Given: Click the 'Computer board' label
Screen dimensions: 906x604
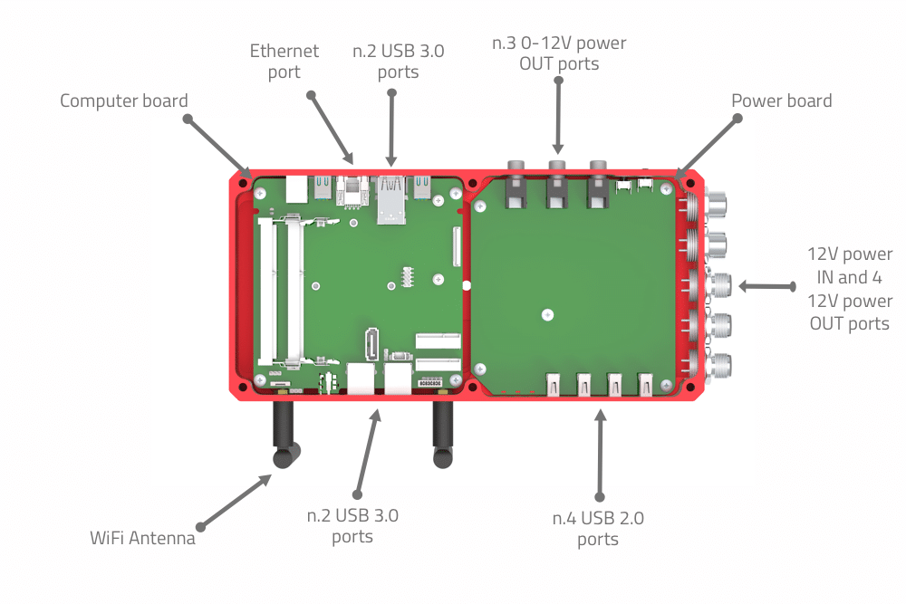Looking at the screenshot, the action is (123, 101).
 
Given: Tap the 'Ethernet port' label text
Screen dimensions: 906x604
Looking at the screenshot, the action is (284, 62).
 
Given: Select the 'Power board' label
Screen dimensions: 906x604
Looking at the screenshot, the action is (781, 101).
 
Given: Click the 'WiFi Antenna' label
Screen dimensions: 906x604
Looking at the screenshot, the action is (142, 538).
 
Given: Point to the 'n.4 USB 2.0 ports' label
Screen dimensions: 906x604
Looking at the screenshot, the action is (598, 528).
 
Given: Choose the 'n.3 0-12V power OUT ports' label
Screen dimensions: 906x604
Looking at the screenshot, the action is (559, 53).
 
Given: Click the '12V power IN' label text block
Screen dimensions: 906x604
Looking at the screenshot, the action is (850, 289).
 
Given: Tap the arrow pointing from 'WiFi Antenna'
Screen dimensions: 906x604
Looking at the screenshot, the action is (236, 501).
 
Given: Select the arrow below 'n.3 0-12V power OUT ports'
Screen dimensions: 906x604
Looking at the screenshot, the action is (558, 116).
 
